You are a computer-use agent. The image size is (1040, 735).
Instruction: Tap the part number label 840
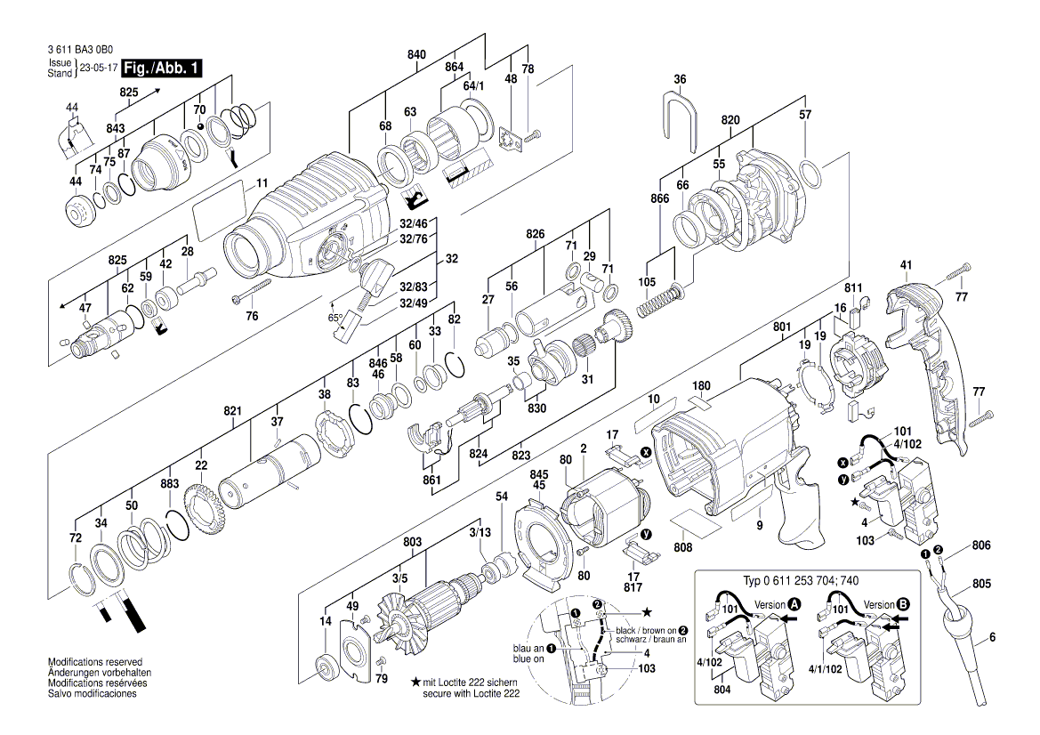(416, 54)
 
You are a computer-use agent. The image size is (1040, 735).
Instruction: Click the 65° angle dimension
(335, 317)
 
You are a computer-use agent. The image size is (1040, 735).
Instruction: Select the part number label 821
(232, 410)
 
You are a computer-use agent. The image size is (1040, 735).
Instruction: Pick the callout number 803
(412, 541)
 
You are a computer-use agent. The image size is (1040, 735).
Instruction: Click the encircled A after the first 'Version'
(794, 603)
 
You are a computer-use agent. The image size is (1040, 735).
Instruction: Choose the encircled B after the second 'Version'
(905, 603)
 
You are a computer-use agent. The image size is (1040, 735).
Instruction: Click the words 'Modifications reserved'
(95, 663)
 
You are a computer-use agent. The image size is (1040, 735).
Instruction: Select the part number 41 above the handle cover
(906, 264)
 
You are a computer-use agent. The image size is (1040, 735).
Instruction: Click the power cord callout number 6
(992, 636)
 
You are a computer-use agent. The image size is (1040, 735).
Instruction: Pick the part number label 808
(683, 548)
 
